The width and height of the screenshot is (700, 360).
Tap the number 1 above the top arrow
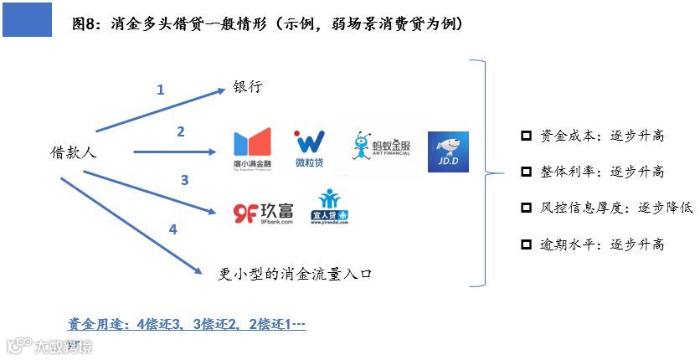tap(161, 90)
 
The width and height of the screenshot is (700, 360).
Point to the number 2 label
tap(180, 131)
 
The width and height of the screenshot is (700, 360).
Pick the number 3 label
tap(184, 180)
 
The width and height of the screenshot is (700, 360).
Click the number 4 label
tap(173, 229)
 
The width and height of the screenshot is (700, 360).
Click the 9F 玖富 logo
tap(263, 213)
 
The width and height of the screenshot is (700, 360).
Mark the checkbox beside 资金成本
tap(526, 136)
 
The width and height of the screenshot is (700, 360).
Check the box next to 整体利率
tap(526, 172)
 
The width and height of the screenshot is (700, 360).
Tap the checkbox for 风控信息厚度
tap(526, 208)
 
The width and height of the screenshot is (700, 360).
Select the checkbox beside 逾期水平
tap(526, 244)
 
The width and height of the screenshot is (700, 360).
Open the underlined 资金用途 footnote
tap(186, 323)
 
